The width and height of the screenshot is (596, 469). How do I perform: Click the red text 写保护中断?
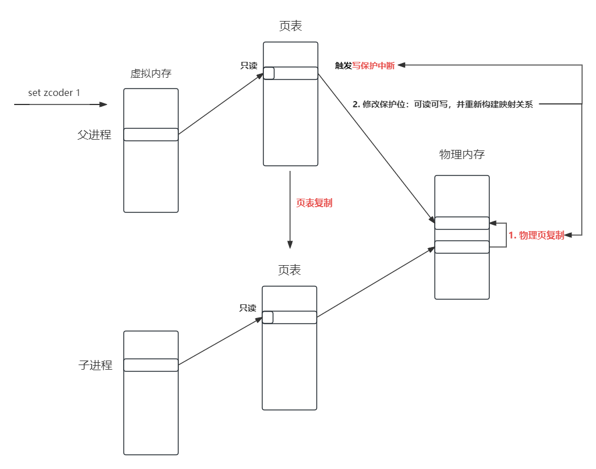(373, 65)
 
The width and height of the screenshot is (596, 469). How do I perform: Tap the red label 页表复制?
(314, 203)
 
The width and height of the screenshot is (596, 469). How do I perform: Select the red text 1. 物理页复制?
(536, 235)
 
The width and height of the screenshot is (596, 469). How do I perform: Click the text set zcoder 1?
(54, 93)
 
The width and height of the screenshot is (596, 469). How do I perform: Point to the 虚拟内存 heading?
(150, 73)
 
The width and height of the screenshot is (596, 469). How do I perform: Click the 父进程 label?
(94, 135)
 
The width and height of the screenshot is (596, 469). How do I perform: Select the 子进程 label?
(95, 365)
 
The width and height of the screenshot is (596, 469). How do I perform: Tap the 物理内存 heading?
(462, 154)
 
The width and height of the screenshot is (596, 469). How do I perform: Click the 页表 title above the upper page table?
(290, 27)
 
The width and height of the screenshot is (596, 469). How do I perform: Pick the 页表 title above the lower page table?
(289, 270)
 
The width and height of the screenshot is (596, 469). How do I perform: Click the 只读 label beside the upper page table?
(249, 65)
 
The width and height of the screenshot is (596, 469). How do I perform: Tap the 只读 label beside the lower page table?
(247, 308)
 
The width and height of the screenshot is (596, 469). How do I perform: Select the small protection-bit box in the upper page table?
(269, 73)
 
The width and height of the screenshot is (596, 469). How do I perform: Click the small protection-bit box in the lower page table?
(268, 317)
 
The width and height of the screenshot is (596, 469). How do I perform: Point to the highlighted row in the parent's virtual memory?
(151, 135)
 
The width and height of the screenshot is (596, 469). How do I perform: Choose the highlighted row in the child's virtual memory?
(151, 365)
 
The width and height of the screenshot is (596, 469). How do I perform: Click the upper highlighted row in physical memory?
(462, 223)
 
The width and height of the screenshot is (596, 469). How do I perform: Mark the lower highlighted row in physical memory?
(462, 247)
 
